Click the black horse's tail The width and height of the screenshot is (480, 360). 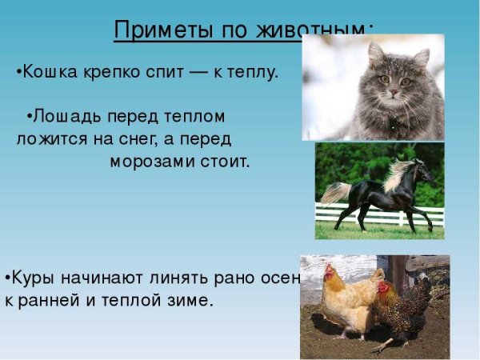(x=334, y=193)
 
